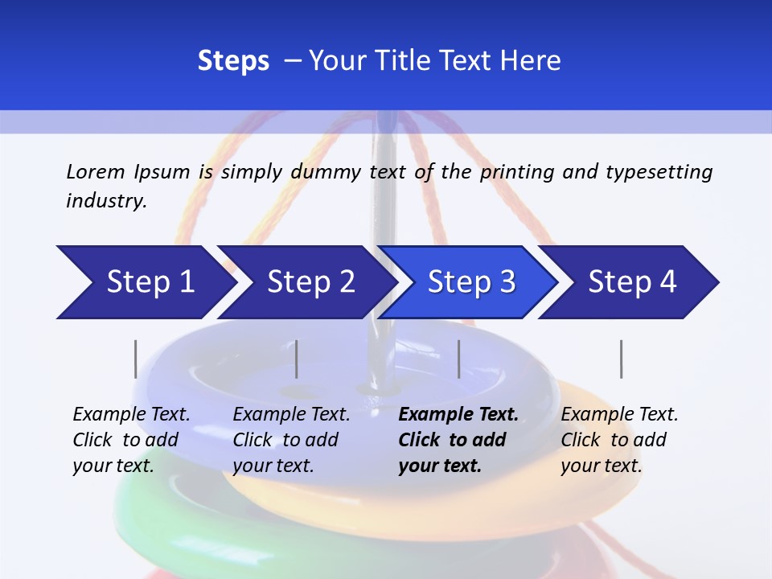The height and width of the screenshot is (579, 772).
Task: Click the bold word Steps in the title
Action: (233, 61)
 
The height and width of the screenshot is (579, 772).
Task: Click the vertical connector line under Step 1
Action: (136, 359)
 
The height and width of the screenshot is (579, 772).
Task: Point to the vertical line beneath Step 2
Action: (297, 359)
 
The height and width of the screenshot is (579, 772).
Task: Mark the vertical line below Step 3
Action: (459, 359)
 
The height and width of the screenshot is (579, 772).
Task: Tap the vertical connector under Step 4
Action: (622, 359)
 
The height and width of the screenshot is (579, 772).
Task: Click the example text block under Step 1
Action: (131, 440)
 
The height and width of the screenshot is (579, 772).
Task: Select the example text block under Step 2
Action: (291, 440)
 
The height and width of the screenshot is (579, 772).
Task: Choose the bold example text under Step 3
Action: (458, 440)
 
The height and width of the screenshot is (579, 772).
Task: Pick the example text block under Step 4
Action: (619, 440)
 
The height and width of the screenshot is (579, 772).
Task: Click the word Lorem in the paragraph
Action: (95, 172)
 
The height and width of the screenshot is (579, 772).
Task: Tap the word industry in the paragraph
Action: (106, 201)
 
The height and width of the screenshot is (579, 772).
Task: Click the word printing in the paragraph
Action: (517, 172)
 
